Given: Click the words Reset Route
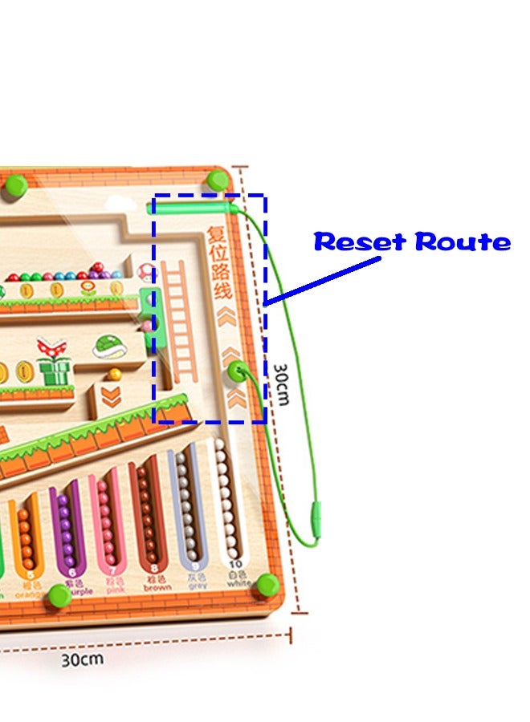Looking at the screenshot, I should (x=412, y=241).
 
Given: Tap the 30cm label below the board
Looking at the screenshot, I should (x=83, y=659).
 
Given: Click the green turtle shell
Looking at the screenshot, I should (x=110, y=346).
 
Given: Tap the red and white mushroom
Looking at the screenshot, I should (x=145, y=271).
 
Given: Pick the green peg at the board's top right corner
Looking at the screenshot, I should (x=217, y=179).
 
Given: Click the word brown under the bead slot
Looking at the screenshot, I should (x=157, y=587).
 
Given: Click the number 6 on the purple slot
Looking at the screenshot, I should (x=71, y=573).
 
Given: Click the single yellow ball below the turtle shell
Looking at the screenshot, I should (x=115, y=374).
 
